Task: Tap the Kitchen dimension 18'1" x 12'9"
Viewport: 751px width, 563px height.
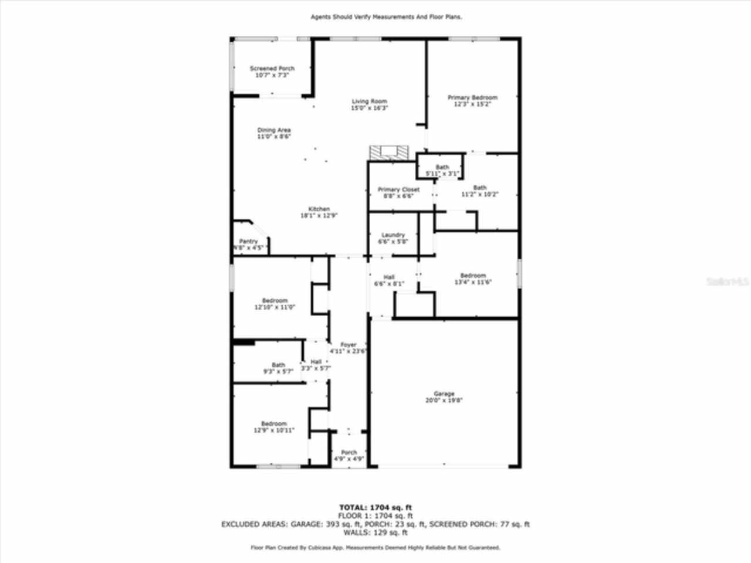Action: pos(319,215)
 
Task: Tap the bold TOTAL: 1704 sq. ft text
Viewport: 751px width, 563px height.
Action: pos(375,507)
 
